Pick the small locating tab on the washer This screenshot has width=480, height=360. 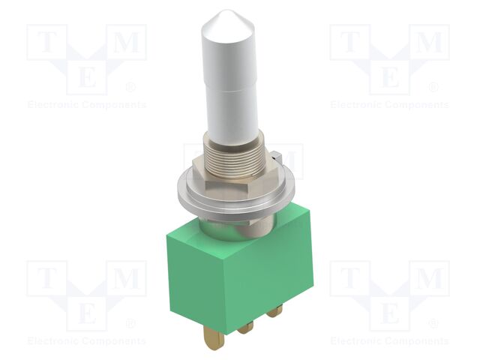(x=275, y=157)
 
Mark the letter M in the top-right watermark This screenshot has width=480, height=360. (x=429, y=43)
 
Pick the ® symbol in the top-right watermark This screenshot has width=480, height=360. (x=434, y=88)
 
